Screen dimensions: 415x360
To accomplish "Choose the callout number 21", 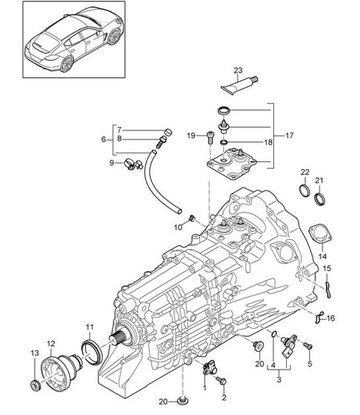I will (320, 180).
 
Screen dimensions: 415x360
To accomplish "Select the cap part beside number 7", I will (166, 132).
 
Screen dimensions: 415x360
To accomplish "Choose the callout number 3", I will (278, 380).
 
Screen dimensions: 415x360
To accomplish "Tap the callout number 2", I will (223, 397).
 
